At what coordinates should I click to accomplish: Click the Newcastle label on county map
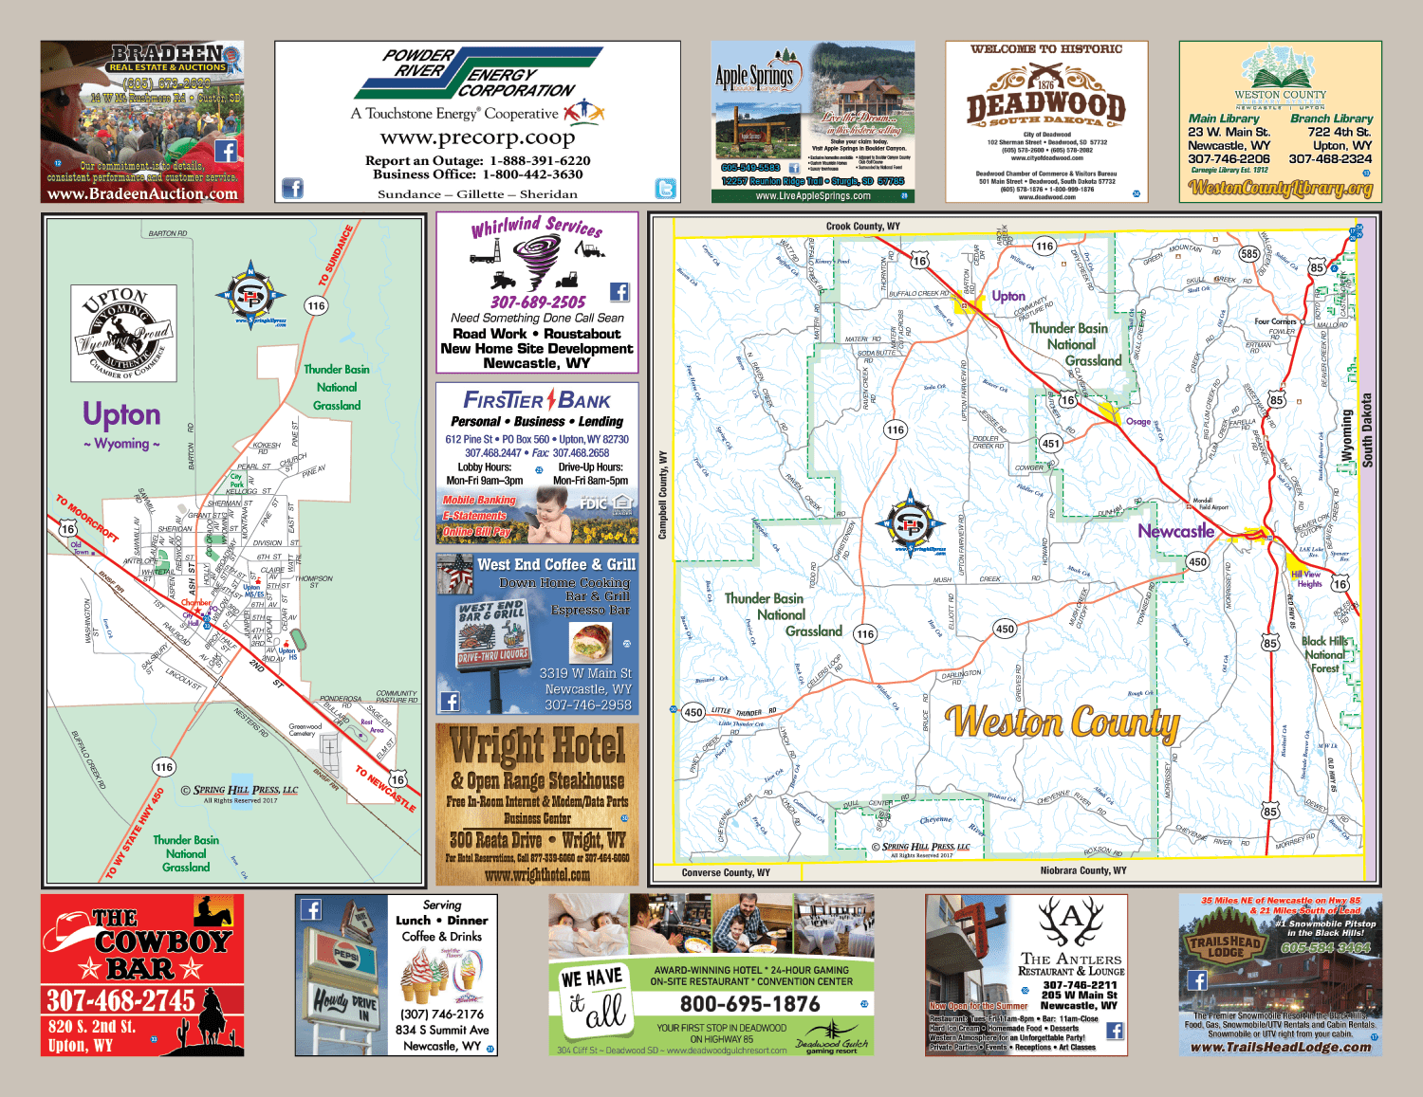click(x=1175, y=531)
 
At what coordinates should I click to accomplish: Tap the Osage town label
click(x=1137, y=422)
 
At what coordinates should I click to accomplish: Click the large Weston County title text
click(x=1063, y=723)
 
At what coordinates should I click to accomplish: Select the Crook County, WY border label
click(x=862, y=227)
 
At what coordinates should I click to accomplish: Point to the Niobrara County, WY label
click(x=1082, y=870)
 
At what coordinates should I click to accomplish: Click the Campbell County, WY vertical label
click(x=662, y=496)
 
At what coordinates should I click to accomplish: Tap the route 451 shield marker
click(x=1050, y=443)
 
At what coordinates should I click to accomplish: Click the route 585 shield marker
click(x=1248, y=253)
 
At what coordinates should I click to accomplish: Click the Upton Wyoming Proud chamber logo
click(x=123, y=334)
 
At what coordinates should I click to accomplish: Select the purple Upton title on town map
click(x=121, y=414)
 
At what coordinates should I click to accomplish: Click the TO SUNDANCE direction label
click(x=336, y=256)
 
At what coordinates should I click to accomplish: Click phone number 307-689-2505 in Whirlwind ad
click(x=538, y=302)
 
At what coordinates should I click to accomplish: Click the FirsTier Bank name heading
click(x=536, y=400)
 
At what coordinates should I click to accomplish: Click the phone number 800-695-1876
click(x=748, y=1004)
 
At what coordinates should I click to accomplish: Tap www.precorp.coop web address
click(x=477, y=137)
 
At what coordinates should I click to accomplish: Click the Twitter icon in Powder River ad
click(x=666, y=189)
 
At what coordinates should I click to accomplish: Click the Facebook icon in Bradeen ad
click(x=226, y=151)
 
